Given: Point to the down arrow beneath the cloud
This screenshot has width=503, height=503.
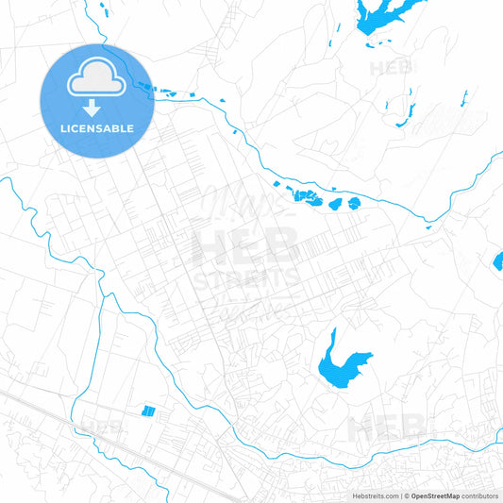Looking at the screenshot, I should pos(92,109).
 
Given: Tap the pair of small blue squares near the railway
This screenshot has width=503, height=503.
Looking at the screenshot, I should pos(148,411).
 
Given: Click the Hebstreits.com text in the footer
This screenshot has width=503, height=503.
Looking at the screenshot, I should pos(373,495).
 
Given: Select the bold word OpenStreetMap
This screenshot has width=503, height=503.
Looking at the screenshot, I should pos(435,495).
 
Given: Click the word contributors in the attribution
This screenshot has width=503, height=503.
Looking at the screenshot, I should pos(480,495).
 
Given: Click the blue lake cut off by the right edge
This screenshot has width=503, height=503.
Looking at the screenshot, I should pos(498,261).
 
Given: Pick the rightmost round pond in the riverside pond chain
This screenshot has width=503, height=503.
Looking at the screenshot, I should pos(354,203).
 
